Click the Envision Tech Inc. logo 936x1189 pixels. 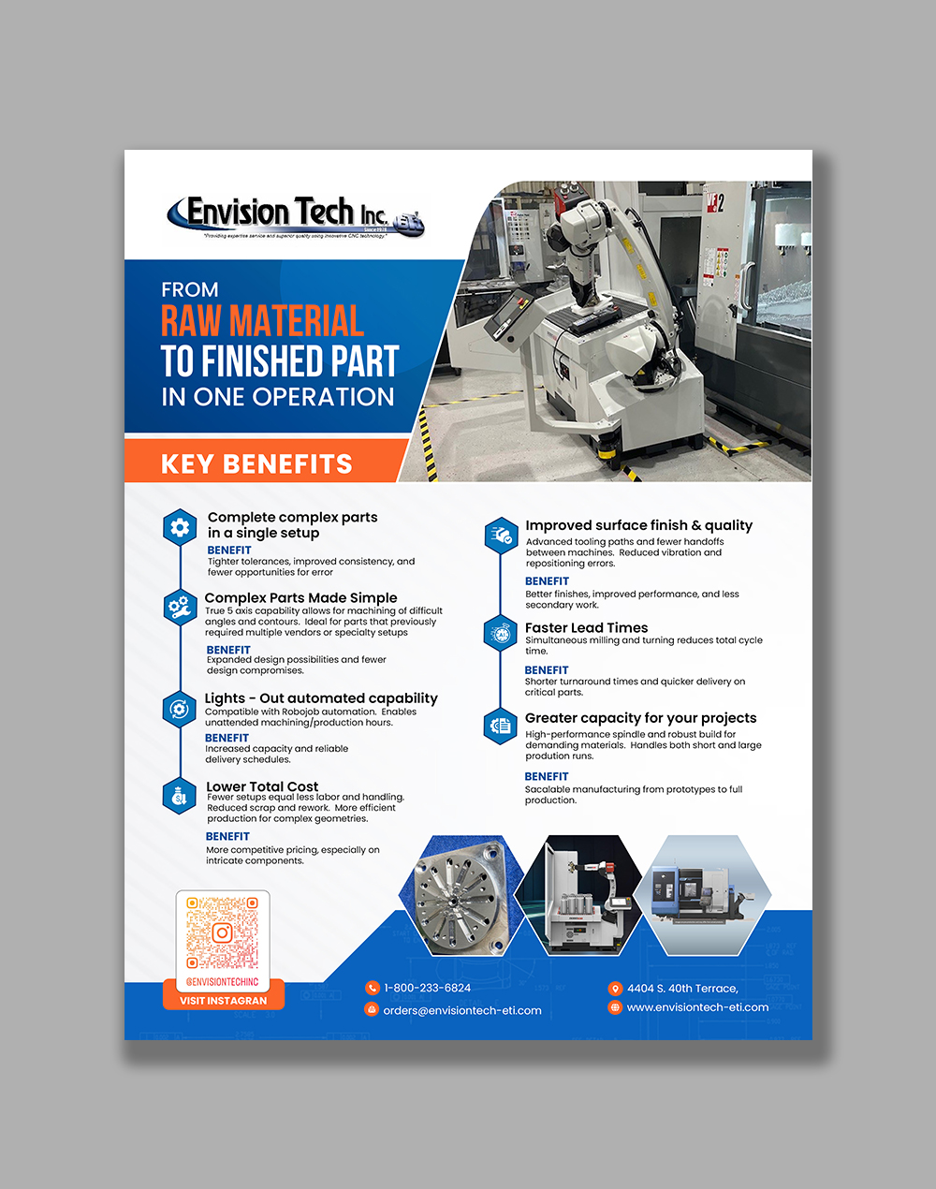[295, 216]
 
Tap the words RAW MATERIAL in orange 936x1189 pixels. [262, 321]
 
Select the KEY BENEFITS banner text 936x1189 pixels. [256, 464]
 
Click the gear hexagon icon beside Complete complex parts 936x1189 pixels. [180, 528]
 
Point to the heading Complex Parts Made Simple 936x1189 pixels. [300, 597]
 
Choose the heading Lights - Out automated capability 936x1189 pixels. [321, 698]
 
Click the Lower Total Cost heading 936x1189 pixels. [262, 786]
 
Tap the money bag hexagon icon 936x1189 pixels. [179, 796]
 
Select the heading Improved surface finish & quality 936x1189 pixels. [638, 525]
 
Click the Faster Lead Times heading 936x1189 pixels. [586, 627]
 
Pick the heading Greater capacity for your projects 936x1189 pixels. [640, 718]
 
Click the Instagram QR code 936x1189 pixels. [223, 932]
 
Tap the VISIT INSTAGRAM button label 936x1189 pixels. [223, 1001]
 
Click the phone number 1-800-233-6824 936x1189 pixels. [427, 988]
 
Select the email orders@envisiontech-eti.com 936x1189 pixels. [462, 1010]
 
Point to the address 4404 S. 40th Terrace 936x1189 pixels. [682, 988]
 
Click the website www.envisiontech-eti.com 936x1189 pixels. [697, 1007]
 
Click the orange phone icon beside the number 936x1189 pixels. [373, 988]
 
